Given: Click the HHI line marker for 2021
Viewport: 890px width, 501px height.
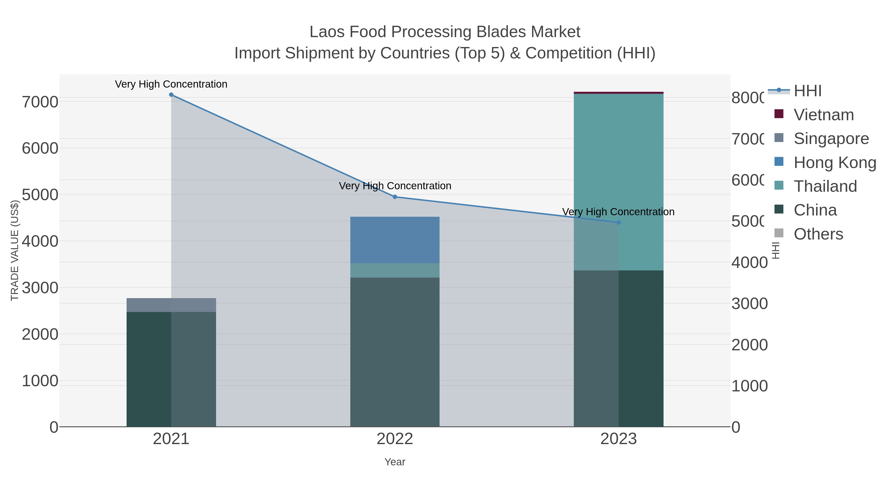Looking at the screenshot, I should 171,95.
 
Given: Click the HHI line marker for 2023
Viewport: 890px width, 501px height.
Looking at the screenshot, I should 619,222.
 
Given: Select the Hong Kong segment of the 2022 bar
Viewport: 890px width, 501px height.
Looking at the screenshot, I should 395,240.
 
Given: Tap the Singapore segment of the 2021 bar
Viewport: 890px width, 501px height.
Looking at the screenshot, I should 171,305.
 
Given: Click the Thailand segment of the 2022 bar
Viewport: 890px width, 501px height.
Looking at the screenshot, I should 395,270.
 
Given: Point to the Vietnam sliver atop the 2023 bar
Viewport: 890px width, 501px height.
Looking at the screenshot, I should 619,93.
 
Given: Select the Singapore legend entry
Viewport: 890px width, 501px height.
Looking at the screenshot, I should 831,139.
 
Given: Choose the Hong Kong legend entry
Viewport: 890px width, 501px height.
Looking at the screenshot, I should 834,163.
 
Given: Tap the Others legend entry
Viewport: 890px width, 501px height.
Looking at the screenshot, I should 818,234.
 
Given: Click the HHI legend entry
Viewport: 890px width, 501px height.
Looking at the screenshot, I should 807,91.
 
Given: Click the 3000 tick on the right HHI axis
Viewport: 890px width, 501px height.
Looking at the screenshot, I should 749,304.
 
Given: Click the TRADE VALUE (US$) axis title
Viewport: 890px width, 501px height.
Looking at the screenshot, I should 15,250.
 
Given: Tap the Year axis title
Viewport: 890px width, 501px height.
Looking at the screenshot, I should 395,462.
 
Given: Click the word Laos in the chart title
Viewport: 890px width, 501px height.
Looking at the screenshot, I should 327,32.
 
